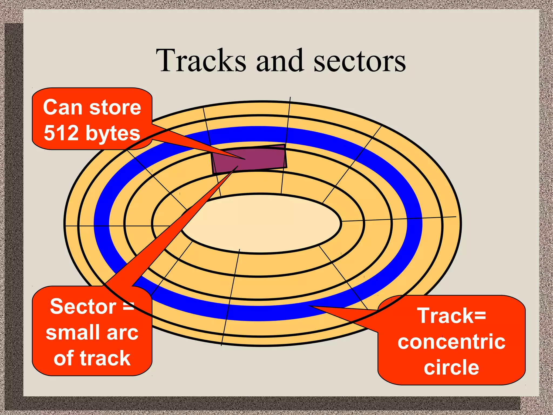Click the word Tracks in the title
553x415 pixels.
pyautogui.click(x=201, y=61)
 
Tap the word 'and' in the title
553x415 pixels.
pyautogui.click(x=279, y=61)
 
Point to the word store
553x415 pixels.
pyautogui.click(x=115, y=108)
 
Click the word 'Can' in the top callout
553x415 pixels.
pyautogui.click(x=62, y=108)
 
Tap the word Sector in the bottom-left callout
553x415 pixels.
pyautogui.click(x=83, y=307)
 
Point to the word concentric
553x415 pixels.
pyautogui.click(x=451, y=342)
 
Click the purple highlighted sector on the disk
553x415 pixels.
pyautogui.click(x=259, y=159)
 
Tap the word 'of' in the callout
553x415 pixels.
pyautogui.click(x=63, y=358)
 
